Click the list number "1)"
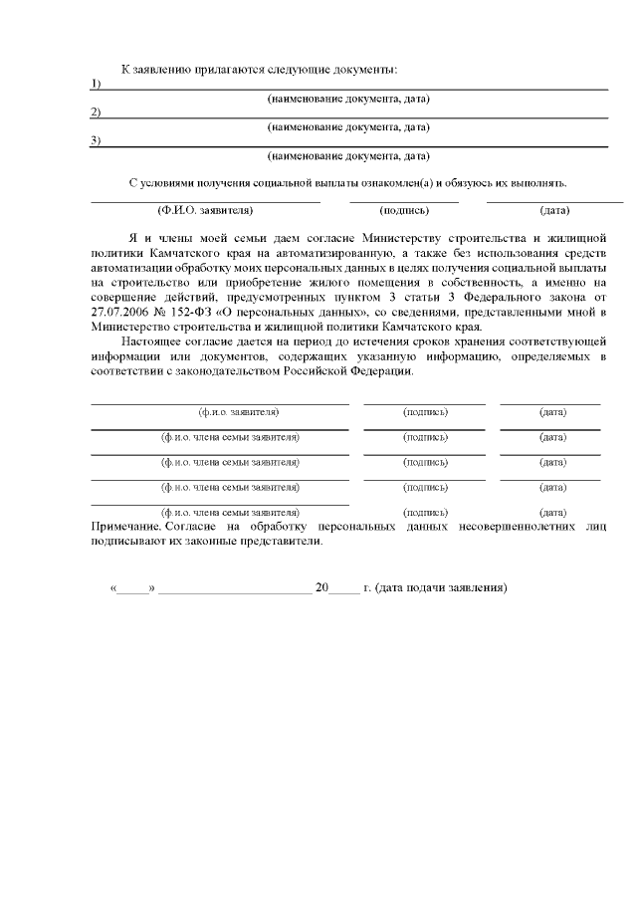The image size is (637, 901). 95,83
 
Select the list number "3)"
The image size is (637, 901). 95,140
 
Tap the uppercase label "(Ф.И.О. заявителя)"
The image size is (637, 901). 205,210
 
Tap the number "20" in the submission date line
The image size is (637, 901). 320,588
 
